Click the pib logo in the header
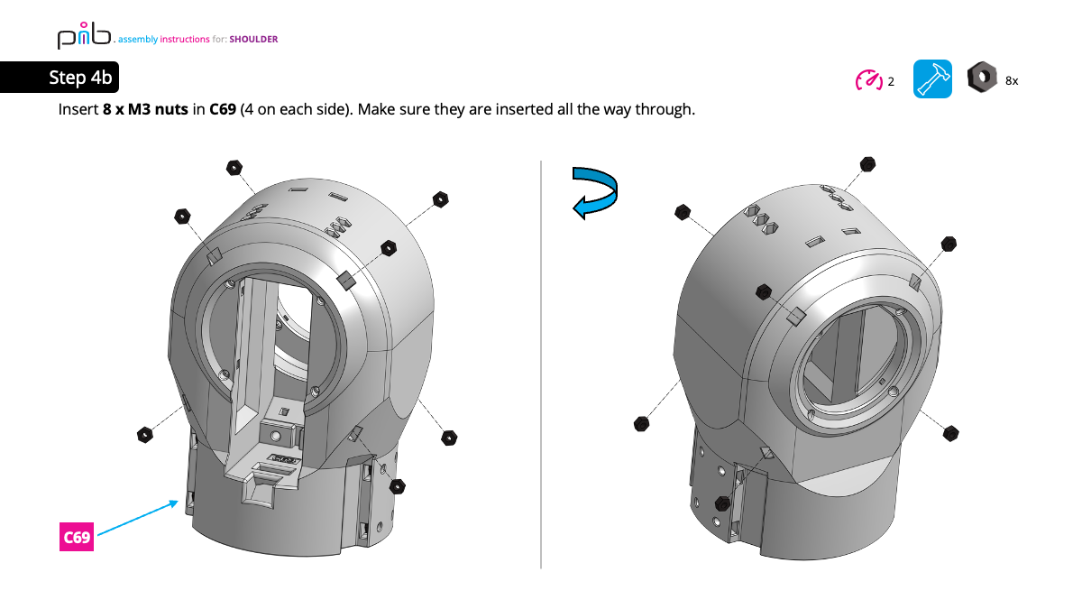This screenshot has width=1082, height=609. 83,37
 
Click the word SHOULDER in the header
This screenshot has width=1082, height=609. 253,40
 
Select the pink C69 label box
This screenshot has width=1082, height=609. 77,538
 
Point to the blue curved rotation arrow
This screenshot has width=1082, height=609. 597,191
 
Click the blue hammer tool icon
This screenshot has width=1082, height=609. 932,79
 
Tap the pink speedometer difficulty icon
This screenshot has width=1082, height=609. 868,80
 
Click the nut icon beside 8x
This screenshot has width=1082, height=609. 981,78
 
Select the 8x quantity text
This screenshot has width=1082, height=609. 1012,81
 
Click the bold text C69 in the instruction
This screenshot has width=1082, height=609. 223,110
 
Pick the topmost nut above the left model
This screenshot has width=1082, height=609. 234,167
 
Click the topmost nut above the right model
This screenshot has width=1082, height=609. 868,164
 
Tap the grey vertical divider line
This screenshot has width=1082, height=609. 541,361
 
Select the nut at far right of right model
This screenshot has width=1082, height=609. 949,433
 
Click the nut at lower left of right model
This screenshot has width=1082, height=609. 642,423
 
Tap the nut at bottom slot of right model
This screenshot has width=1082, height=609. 722,503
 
